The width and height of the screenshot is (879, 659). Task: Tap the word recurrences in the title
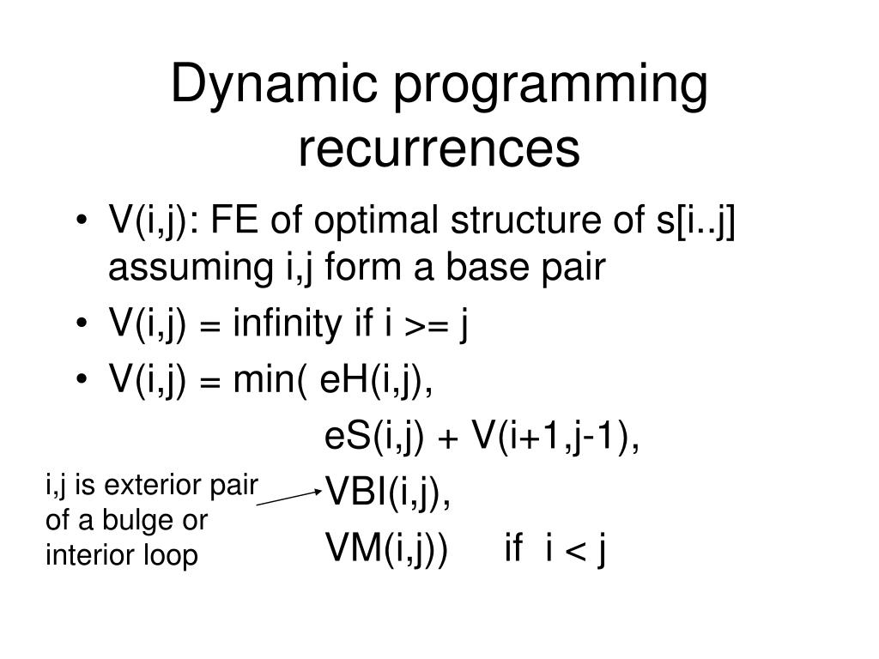439,148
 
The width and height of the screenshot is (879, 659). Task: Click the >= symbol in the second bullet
426,327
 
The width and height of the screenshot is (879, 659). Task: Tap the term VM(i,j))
386,548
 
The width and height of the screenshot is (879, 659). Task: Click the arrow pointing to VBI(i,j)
288,497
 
